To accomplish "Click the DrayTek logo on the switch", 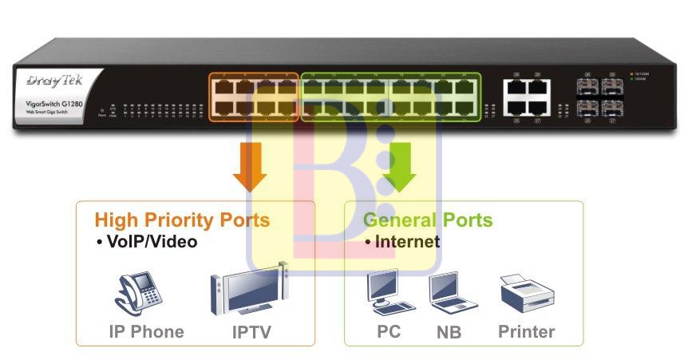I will [50, 81].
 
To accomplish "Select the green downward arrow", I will [399, 167].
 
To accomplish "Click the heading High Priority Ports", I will [182, 220].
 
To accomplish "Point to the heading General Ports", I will [428, 220].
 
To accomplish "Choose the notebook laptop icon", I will [451, 293].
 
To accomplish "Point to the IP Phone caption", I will [146, 332].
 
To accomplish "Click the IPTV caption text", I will [248, 332].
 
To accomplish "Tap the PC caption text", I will [389, 331].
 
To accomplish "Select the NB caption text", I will [449, 332].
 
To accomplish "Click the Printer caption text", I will [526, 331].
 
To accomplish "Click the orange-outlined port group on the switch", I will [254, 97].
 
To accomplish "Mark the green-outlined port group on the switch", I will [391, 97].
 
